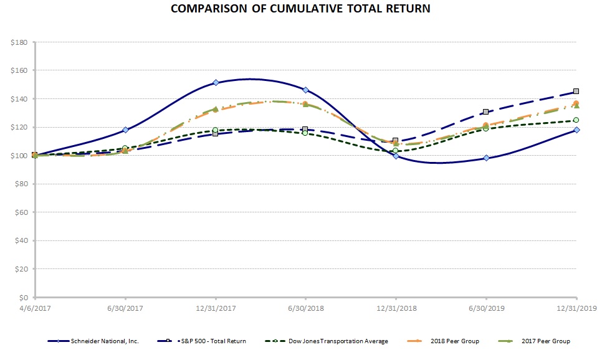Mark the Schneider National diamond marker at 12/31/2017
click(x=216, y=82)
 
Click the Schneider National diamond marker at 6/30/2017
click(x=126, y=130)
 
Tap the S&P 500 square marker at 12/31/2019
click(x=576, y=91)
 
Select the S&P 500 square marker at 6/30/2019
click(x=486, y=112)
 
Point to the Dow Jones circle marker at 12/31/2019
click(x=576, y=120)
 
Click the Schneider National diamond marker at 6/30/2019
click(x=486, y=158)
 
